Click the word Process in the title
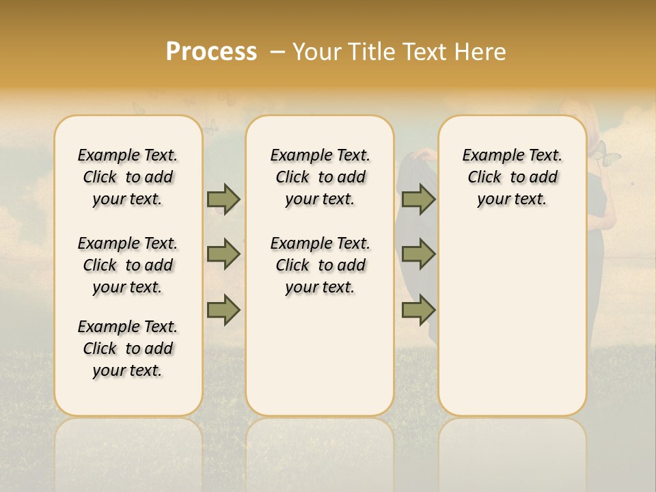coord(211,52)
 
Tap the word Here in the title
coord(480,52)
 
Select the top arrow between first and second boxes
coord(223,199)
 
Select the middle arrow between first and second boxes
coord(223,254)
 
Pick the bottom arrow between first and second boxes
coord(223,310)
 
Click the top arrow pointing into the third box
coord(418,199)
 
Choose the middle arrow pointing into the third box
coord(418,254)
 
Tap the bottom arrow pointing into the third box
coord(418,310)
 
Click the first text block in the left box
coord(128,177)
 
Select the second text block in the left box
coord(128,265)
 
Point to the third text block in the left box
coord(128,348)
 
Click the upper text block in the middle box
coord(320,177)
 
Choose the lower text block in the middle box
coord(320,265)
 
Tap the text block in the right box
coord(512,177)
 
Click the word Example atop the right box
coord(489,155)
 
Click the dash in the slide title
coord(277,52)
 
